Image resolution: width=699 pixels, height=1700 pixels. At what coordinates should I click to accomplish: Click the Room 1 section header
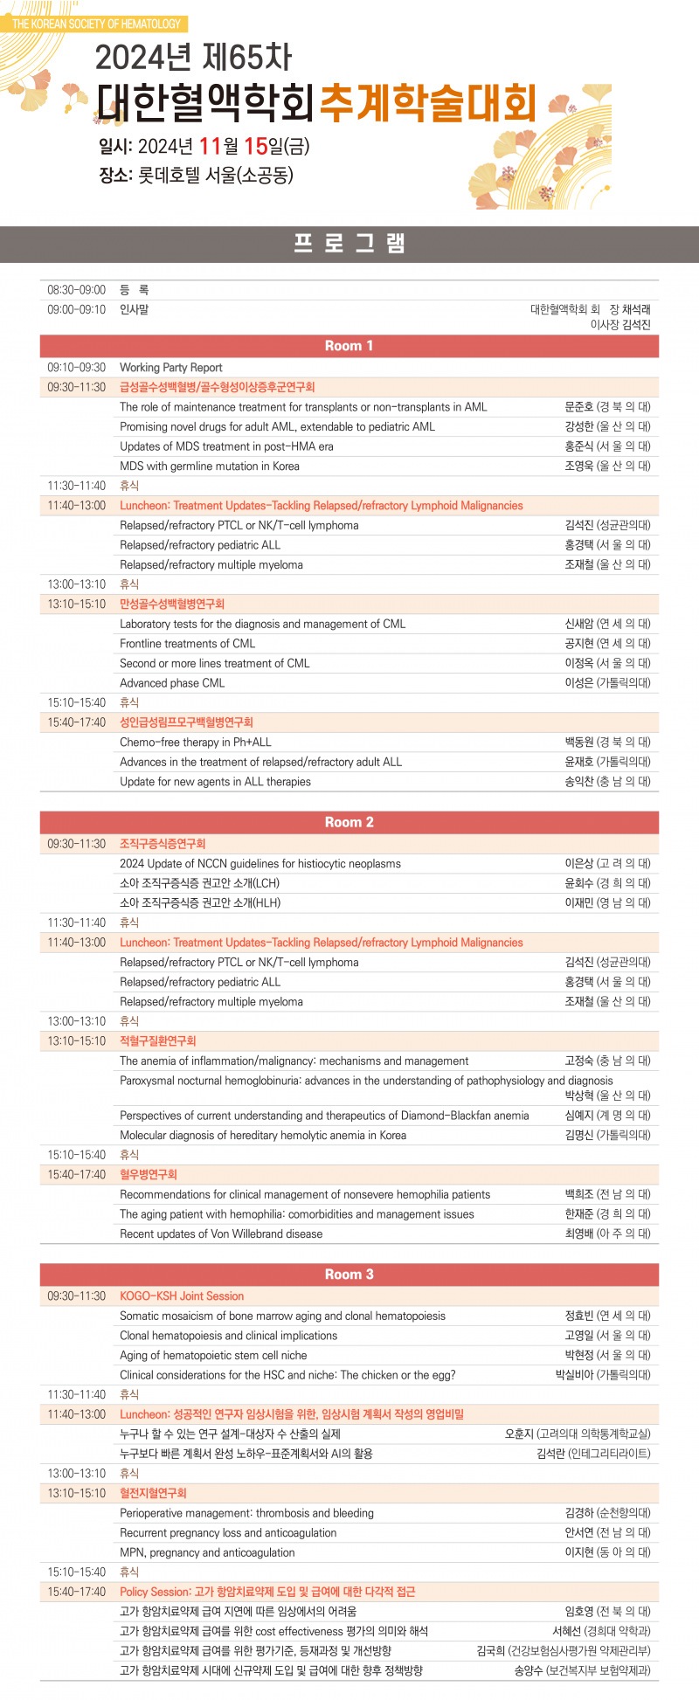(349, 346)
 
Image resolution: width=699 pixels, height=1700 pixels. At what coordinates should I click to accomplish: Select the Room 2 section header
(349, 822)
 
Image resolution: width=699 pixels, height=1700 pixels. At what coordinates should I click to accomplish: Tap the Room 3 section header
(349, 1275)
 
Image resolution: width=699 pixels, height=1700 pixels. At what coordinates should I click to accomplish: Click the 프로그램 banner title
(349, 244)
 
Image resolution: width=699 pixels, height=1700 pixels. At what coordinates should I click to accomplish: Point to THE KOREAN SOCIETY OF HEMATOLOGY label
(96, 24)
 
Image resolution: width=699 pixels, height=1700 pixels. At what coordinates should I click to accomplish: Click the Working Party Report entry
(171, 368)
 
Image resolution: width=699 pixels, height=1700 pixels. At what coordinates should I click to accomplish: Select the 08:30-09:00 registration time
(76, 289)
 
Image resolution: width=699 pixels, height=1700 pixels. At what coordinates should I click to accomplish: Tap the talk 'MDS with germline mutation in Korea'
(210, 466)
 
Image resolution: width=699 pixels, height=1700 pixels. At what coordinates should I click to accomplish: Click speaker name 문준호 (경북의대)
(607, 407)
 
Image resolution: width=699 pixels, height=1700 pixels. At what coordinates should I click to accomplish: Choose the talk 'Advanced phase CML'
(172, 683)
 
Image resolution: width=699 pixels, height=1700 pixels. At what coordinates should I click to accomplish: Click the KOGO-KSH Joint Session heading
(182, 1296)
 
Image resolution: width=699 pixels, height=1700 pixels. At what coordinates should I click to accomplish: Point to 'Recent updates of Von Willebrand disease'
(221, 1234)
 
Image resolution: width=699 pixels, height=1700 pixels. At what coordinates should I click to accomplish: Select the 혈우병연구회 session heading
(149, 1175)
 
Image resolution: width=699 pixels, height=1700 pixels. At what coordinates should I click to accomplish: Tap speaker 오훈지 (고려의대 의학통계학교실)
(578, 1434)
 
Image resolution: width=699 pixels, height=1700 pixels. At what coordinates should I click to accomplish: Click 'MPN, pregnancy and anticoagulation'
(207, 1552)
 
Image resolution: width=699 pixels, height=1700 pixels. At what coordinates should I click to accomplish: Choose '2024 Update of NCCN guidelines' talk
(260, 864)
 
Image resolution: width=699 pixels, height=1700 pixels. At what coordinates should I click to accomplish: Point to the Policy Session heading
(267, 1592)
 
